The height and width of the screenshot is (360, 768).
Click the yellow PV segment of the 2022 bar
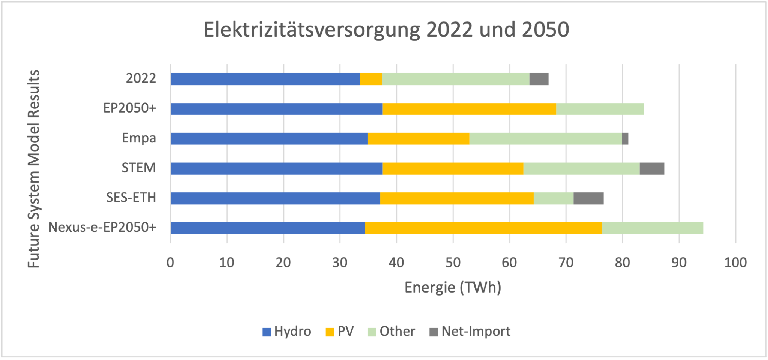coord(370,79)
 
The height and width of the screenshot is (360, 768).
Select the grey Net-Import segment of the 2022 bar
coord(539,79)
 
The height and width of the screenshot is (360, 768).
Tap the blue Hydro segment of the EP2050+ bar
coord(276,109)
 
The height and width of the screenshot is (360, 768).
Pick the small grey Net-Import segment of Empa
coord(625,139)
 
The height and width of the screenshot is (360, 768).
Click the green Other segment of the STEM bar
coord(581,169)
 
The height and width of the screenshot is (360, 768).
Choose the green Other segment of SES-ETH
coord(553,198)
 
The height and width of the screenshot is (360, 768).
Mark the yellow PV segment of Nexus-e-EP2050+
coord(483,228)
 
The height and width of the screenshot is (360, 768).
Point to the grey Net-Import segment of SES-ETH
coord(588,198)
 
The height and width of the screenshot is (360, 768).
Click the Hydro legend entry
coord(287,331)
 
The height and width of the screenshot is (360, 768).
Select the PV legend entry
coord(340,331)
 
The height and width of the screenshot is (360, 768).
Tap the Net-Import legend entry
coord(470,331)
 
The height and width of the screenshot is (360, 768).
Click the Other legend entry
coord(391,331)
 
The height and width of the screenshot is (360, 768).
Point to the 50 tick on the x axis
coord(453,262)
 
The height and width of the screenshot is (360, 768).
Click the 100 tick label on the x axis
coord(735,262)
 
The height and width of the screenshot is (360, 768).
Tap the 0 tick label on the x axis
coord(170,262)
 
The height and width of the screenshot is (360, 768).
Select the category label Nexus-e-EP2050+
coord(102,228)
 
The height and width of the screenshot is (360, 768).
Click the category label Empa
coord(139,138)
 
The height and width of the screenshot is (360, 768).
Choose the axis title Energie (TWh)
coord(453,288)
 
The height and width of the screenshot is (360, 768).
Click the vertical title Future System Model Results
coord(34,169)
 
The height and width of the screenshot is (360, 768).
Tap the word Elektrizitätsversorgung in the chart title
coord(311,30)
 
